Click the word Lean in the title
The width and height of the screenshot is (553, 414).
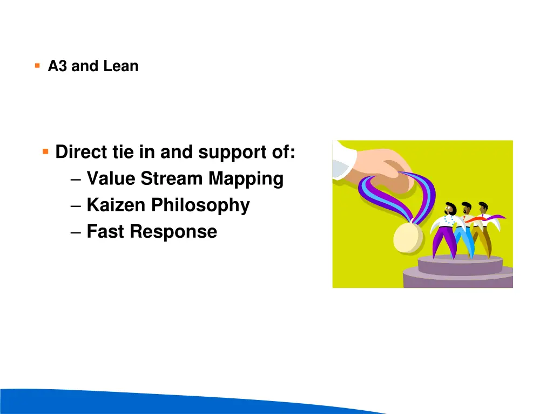click(x=121, y=66)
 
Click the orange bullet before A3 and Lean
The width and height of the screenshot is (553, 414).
click(x=37, y=66)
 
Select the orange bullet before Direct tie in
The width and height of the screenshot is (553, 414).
click(x=46, y=151)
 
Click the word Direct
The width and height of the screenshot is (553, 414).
click(x=81, y=152)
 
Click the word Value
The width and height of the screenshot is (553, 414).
click(x=111, y=178)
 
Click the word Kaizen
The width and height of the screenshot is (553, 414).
click(x=117, y=205)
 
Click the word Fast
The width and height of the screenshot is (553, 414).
click(x=106, y=232)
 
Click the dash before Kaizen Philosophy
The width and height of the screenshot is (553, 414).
click(x=76, y=206)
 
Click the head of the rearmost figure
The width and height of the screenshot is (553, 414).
click(x=483, y=208)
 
